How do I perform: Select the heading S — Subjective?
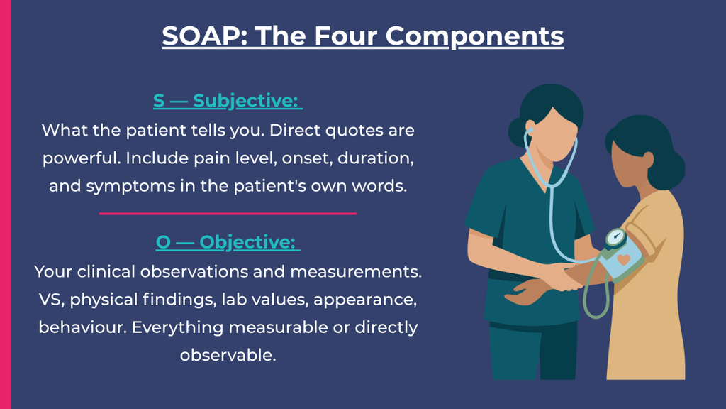pyautogui.click(x=228, y=101)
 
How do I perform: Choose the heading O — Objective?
pyautogui.click(x=228, y=242)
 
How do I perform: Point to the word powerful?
pyautogui.click(x=82, y=158)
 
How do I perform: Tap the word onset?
pyautogui.click(x=307, y=158)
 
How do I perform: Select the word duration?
pyautogui.click(x=376, y=158)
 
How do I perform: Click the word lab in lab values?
pyautogui.click(x=233, y=299)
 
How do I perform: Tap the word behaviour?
pyautogui.click(x=82, y=327)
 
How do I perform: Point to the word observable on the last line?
pyautogui.click(x=228, y=355)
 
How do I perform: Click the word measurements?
pyautogui.click(x=356, y=272)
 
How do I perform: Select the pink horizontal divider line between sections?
pyautogui.click(x=228, y=214)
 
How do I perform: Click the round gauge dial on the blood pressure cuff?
pyautogui.click(x=616, y=239)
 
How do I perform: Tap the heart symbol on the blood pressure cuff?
pyautogui.click(x=624, y=260)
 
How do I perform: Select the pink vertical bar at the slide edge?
pyautogui.click(x=6, y=204)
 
